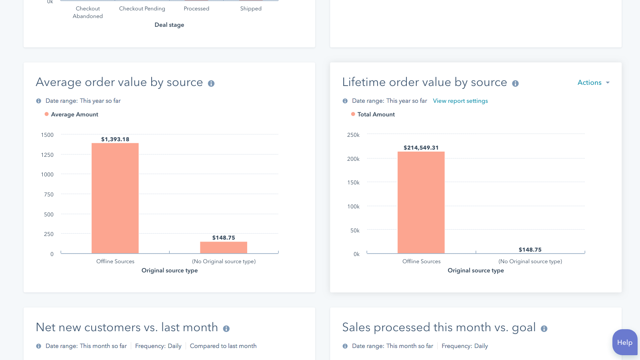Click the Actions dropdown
593,82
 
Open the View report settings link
460,101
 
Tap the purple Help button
624,342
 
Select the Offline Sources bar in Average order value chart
115,198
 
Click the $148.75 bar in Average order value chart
224,248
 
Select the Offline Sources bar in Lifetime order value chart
421,202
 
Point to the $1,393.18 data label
115,139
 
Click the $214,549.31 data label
421,148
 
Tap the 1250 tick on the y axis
47,155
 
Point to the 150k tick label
353,182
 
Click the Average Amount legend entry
74,114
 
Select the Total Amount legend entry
376,114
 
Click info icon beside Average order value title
211,83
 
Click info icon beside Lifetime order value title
515,83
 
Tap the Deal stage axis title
169,25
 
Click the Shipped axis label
251,8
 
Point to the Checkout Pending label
142,8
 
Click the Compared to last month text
223,346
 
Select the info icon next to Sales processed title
544,328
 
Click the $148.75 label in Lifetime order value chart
530,250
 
